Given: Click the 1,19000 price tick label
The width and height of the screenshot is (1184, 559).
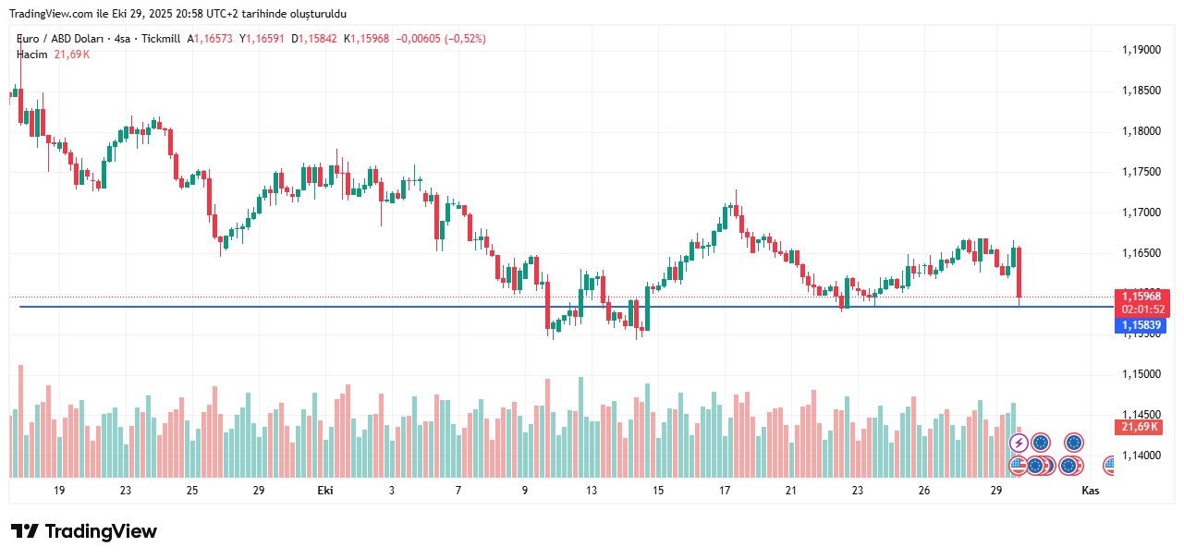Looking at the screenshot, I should point(1141,50).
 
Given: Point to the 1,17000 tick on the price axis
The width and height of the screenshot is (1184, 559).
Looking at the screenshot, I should point(1141,213).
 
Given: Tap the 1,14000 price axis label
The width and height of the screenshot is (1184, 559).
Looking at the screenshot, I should point(1141,456).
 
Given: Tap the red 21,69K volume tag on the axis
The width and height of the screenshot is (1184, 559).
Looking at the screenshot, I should point(1140,427).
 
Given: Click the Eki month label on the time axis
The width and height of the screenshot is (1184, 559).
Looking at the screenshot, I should point(324,491).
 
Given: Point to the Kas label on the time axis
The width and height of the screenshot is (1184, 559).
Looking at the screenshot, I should point(1090,491).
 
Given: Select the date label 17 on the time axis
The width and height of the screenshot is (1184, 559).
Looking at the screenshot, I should point(726,491).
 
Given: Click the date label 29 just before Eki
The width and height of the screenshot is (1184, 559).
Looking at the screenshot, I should point(258,491).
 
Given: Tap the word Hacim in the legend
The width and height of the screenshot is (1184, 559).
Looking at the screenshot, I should point(32,55).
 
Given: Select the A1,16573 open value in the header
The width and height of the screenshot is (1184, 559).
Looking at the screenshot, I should point(210,39).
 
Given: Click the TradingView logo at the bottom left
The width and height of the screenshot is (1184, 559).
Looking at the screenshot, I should point(83,531).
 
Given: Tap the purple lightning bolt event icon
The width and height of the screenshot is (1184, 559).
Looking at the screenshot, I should point(1019,443).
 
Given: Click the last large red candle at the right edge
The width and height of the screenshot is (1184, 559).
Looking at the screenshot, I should point(1019,274).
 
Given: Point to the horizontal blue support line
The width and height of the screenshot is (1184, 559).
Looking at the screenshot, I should point(462,306).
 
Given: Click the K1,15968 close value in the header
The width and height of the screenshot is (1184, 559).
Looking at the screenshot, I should point(366,39).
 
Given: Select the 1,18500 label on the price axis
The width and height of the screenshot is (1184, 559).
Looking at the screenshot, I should point(1141,91).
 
